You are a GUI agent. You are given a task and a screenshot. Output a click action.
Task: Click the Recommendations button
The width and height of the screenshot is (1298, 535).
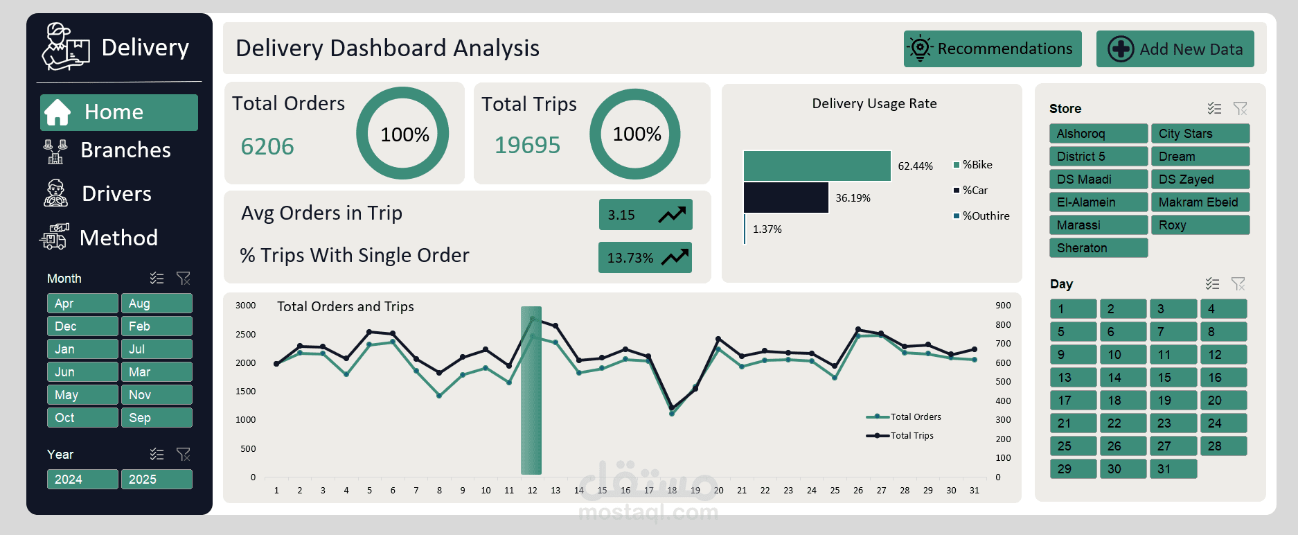[992, 49]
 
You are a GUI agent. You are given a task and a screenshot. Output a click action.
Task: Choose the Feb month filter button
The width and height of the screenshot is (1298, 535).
[157, 326]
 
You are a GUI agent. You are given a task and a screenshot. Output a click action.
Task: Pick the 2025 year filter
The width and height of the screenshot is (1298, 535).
[157, 480]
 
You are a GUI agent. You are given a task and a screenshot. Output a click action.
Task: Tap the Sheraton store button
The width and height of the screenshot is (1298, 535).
[1098, 248]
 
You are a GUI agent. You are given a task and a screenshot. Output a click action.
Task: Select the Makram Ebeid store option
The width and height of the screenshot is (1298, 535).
[1200, 202]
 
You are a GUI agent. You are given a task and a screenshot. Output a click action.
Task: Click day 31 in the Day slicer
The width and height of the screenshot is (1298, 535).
[1173, 469]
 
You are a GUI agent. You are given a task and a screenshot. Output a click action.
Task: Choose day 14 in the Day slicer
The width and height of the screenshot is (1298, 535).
[1123, 378]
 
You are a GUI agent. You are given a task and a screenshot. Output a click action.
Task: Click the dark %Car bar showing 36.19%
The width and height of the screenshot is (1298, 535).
[785, 198]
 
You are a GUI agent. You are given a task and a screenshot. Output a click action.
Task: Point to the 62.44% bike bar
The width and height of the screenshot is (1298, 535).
[817, 166]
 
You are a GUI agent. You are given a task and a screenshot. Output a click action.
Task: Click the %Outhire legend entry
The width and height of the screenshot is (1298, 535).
[985, 216]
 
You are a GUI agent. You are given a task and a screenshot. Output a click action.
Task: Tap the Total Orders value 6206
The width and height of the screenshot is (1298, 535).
[267, 147]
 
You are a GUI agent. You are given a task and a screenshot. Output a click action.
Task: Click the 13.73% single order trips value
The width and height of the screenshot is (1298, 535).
[630, 258]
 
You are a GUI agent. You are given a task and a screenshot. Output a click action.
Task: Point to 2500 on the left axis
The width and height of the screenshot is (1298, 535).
[245, 335]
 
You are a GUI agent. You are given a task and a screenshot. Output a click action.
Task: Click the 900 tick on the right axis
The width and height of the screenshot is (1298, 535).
[1003, 306]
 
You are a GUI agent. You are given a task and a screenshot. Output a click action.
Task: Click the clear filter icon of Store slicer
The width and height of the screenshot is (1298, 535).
[1240, 109]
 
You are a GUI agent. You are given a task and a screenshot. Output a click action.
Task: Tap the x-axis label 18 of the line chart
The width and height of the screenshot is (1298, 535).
[671, 491]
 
